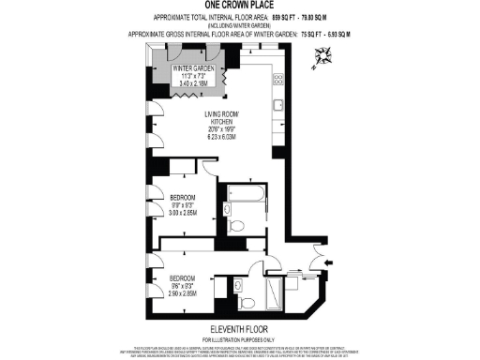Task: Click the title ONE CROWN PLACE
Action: [239, 5]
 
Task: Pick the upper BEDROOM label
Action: [183, 196]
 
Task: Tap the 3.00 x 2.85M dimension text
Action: [183, 213]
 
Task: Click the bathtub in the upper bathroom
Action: [243, 196]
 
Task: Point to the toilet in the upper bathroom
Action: [235, 224]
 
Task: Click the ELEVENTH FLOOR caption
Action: [239, 328]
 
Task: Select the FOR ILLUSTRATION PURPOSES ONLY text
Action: [239, 338]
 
